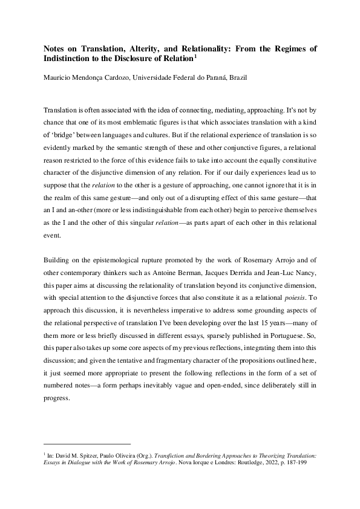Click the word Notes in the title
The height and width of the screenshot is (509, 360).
55,48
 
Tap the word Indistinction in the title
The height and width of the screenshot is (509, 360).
71,59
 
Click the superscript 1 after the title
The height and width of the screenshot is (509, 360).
195,56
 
